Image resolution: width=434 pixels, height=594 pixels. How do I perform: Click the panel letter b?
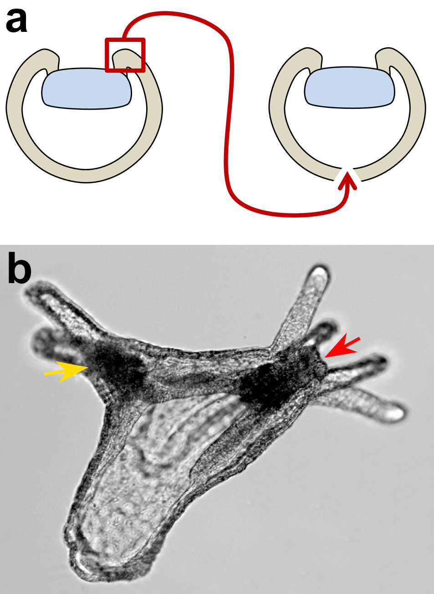coord(20,268)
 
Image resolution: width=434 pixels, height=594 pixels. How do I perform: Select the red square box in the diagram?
coord(125,55)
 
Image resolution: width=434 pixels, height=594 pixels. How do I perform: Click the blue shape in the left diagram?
coord(87,88)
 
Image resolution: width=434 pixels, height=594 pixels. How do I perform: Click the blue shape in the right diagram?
coord(350,87)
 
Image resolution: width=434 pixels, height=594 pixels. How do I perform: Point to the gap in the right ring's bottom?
coord(347,174)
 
